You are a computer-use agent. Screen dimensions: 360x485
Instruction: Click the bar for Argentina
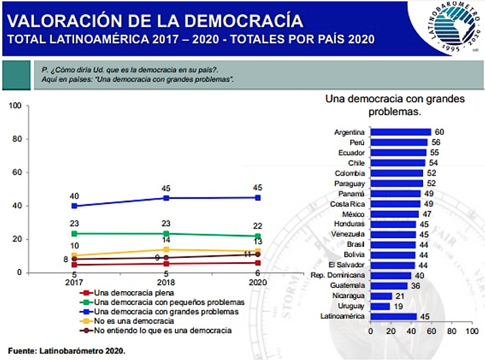[401, 132]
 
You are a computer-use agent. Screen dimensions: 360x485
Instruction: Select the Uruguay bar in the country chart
[380, 306]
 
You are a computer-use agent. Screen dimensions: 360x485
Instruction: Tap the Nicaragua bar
[381, 296]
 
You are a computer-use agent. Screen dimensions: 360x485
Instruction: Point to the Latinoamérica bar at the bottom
[393, 316]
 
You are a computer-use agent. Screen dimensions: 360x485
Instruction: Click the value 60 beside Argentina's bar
[439, 132]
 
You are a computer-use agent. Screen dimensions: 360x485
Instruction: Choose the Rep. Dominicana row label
[338, 275]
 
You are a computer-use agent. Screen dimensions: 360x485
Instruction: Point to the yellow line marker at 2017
[74, 256]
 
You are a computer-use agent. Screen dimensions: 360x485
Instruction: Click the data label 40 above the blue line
[74, 196]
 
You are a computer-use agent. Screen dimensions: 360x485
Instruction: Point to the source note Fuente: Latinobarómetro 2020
[67, 351]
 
